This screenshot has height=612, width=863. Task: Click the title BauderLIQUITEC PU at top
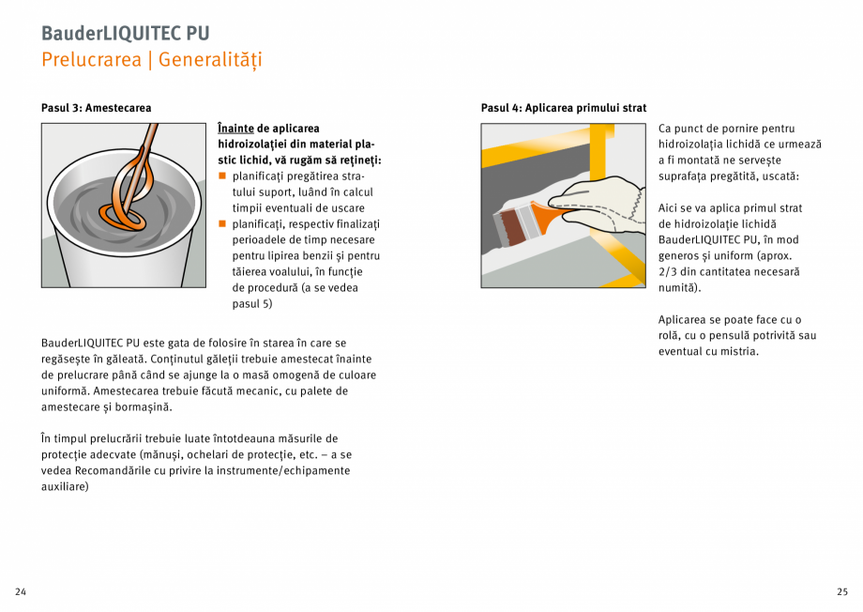tap(125, 33)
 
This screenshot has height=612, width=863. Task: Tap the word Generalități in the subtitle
tap(210, 60)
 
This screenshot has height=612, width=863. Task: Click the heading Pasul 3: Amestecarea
tap(96, 108)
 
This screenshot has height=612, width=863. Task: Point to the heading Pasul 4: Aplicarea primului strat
tap(563, 108)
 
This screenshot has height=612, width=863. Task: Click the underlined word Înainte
tap(235, 129)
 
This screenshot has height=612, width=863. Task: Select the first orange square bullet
tap(222, 176)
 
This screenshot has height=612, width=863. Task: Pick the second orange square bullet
tap(222, 224)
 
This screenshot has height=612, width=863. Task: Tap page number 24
tap(21, 591)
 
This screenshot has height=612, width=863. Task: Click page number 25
tap(841, 591)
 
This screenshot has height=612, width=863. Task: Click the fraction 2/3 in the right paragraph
tap(671, 272)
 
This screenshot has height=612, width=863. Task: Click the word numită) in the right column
tap(680, 288)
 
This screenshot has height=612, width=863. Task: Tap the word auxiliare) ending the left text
tap(65, 487)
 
